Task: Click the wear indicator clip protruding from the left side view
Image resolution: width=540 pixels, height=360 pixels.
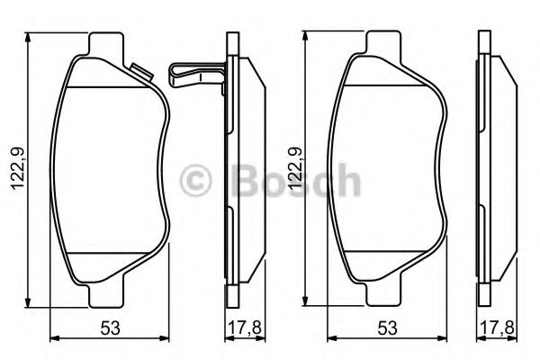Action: click(194, 72)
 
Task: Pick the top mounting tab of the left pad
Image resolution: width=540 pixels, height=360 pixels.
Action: click(108, 42)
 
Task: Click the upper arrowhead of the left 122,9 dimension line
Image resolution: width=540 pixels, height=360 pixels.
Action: click(30, 37)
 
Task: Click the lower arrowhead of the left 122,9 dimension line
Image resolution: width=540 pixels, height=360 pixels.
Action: click(30, 301)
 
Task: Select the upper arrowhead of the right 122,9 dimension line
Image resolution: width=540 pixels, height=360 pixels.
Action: click(306, 37)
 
